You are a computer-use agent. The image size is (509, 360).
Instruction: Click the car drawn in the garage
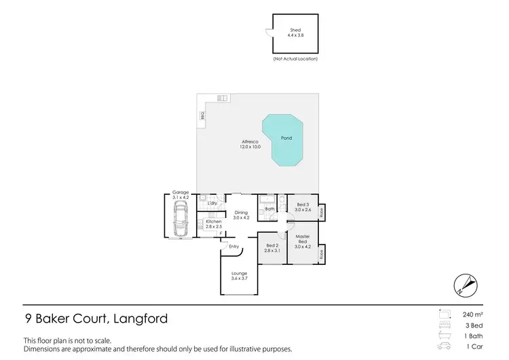pyautogui.click(x=180, y=219)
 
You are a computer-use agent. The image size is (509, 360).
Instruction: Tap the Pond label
pyautogui.click(x=286, y=138)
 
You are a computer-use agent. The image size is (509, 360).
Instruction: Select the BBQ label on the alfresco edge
pyautogui.click(x=202, y=116)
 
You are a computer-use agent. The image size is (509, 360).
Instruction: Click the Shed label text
pyautogui.click(x=295, y=30)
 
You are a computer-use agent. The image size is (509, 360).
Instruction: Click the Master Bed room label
pyautogui.click(x=302, y=239)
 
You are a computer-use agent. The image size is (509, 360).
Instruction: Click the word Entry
pyautogui.click(x=234, y=246)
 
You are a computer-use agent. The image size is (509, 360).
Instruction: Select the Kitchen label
pyautogui.click(x=214, y=222)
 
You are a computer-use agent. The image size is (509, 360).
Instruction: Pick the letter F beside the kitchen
pyautogui.click(x=219, y=234)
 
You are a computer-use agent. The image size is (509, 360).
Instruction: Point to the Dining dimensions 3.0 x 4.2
pyautogui.click(x=242, y=218)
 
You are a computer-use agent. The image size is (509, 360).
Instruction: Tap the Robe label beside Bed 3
pyautogui.click(x=322, y=212)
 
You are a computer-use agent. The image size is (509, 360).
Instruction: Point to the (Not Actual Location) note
pyautogui.click(x=295, y=59)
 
